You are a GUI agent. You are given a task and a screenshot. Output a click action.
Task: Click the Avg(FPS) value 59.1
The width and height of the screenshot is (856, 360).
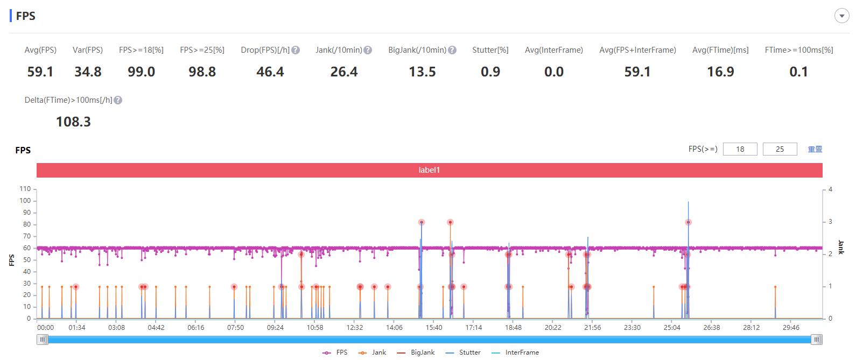pos(40,72)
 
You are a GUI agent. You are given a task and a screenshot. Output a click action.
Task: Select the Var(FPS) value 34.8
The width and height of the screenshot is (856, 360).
pos(88,72)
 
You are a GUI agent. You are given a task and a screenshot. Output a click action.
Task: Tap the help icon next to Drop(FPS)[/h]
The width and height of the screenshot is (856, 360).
pos(296,50)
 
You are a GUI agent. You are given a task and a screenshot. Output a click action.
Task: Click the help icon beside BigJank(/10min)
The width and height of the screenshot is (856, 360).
pos(452,50)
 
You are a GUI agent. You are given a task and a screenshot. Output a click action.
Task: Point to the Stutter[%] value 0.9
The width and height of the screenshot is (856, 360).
pos(490,72)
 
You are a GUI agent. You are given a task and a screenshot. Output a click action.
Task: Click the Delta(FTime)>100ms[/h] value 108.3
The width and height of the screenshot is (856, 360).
pos(73,122)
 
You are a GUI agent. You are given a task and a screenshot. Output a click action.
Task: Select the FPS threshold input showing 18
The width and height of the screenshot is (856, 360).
pos(740,149)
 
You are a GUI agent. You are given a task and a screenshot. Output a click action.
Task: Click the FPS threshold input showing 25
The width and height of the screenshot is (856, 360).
pos(780,149)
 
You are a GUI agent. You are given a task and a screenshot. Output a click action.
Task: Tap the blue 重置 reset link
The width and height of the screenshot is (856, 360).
pos(815,149)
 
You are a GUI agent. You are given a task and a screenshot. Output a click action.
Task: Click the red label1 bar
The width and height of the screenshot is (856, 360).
pos(429,170)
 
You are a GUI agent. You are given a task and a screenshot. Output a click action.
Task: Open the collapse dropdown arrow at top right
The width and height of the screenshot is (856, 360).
pos(841,16)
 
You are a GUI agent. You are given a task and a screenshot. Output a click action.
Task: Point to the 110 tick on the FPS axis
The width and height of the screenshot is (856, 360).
pos(25,189)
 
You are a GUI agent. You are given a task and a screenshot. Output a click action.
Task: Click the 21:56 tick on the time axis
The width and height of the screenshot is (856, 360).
pos(592,327)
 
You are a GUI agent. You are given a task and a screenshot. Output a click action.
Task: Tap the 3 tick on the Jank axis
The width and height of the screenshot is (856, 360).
pos(831,222)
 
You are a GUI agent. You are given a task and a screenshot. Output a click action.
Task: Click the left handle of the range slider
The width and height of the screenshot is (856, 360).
pos(42,339)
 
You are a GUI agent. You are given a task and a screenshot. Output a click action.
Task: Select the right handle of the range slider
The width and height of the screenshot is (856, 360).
pos(817,339)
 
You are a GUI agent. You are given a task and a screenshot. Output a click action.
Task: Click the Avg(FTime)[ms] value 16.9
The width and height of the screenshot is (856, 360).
pos(720,72)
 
